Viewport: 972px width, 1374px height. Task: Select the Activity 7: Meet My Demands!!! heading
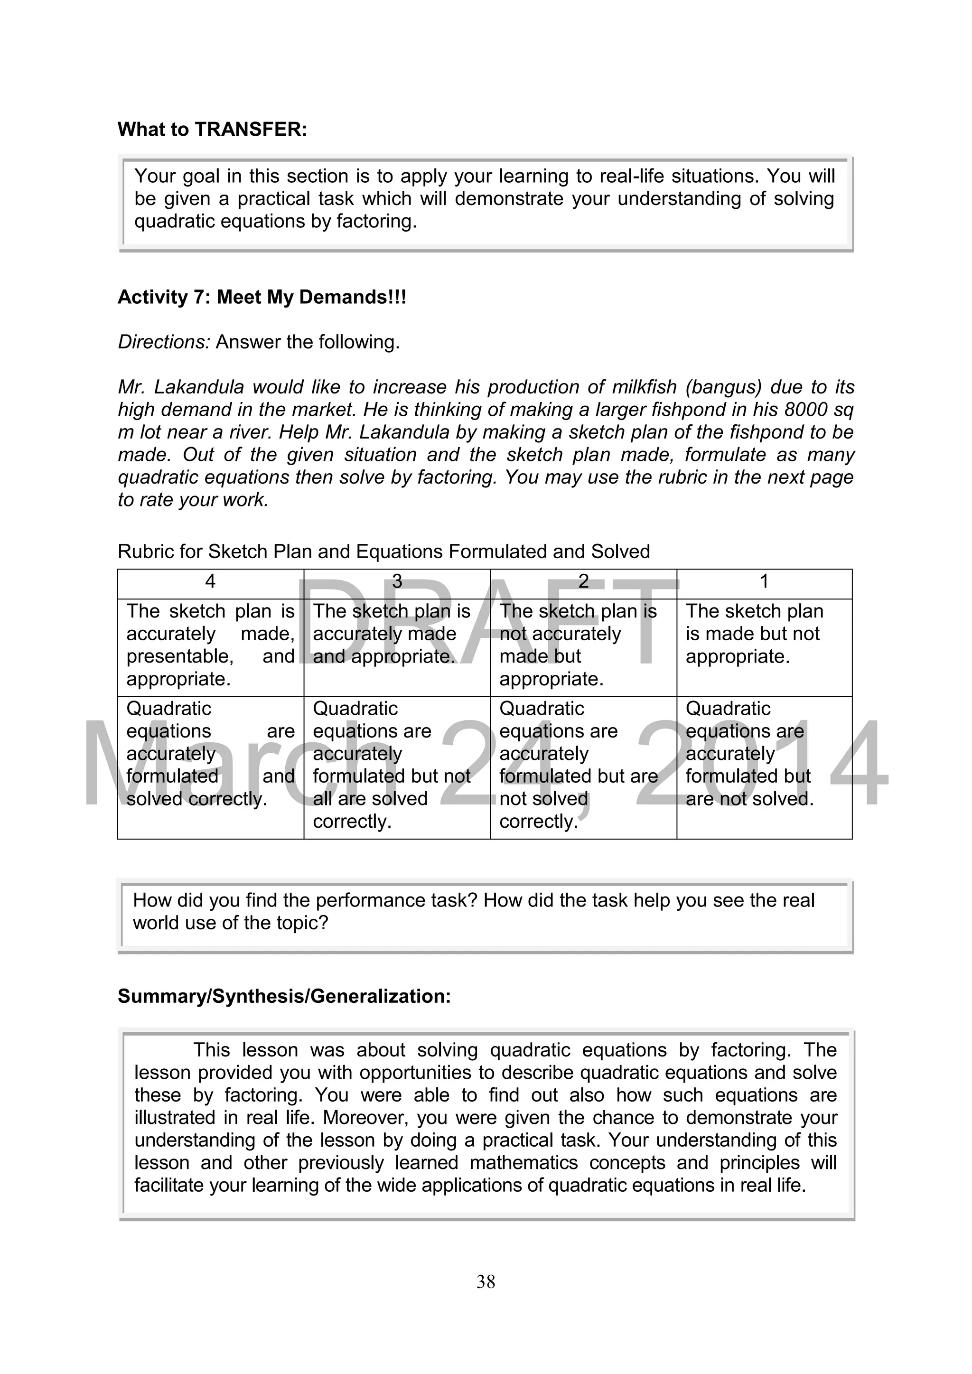262,297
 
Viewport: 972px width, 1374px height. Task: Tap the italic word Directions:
164,342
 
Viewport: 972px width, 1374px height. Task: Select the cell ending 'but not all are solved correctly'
392,765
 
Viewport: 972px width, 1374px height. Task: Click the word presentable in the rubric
179,656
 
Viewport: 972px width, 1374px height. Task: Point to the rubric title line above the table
383,551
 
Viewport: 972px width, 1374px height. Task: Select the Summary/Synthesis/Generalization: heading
284,996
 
